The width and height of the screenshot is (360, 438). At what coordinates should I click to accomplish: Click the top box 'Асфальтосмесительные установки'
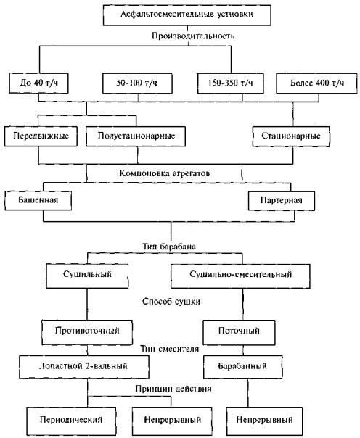187,15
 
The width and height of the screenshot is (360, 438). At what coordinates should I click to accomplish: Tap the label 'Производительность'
193,36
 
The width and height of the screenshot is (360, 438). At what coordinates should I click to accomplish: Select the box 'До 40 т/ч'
38,83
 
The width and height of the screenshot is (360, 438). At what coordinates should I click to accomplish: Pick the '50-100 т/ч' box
137,83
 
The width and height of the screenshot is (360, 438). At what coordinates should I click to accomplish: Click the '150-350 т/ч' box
231,83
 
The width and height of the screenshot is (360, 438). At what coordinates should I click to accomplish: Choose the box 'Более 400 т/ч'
316,83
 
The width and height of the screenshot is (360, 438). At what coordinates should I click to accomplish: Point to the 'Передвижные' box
41,136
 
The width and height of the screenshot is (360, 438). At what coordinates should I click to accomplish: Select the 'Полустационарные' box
136,136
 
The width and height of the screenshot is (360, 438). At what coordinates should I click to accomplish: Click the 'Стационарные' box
291,136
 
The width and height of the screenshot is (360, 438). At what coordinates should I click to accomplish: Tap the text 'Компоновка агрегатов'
164,173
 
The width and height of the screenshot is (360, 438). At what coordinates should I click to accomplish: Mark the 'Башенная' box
38,200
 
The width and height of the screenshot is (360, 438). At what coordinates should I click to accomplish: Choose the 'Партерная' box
282,201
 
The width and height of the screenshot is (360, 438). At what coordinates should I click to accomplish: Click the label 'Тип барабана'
169,247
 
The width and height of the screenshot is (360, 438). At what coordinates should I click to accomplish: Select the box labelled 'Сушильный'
87,276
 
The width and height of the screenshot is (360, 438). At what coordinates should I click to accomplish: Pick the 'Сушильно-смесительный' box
240,276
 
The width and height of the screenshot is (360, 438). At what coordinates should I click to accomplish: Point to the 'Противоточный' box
87,332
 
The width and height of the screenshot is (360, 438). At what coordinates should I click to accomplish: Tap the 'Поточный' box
239,332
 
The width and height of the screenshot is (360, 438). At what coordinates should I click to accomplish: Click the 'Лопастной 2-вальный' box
84,366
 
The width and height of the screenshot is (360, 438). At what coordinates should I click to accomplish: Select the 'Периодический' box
71,421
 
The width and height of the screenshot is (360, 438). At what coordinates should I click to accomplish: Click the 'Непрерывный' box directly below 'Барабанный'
264,421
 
